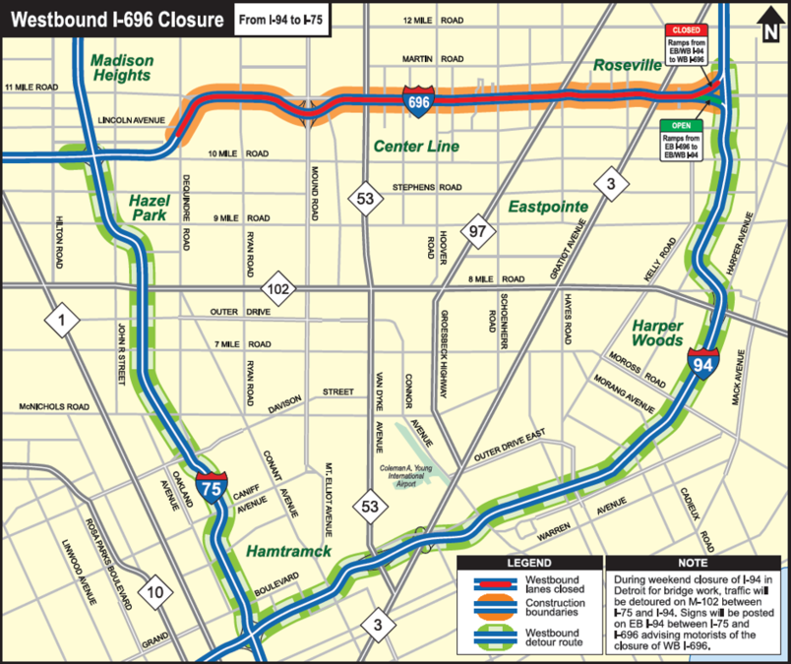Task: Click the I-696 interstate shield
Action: point(416,99)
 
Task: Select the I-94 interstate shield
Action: point(703,364)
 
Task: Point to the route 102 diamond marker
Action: point(279,289)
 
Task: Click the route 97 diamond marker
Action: point(478,231)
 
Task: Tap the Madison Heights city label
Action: point(121,67)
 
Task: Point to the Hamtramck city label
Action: point(289,551)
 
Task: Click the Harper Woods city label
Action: point(658,332)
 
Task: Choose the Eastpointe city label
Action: point(548,208)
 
